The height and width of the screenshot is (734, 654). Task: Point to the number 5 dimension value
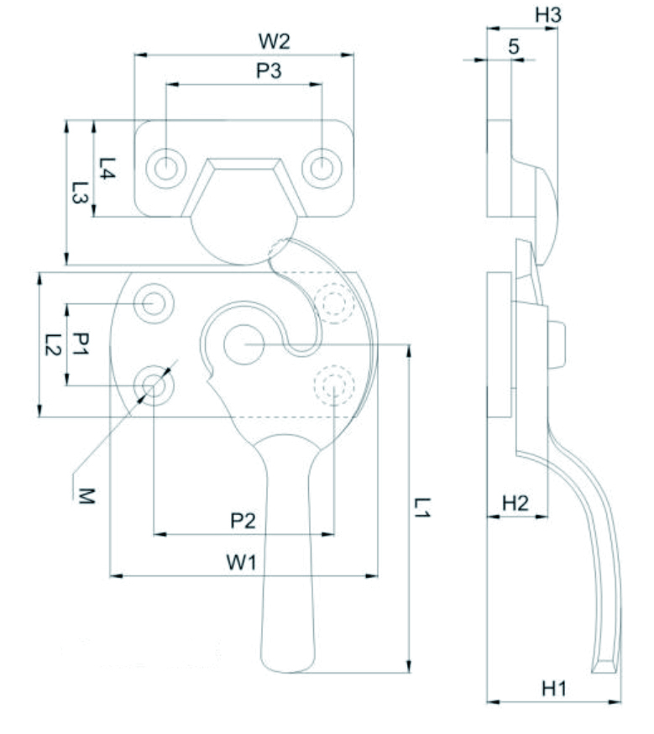(513, 47)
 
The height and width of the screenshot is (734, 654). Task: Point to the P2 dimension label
(243, 521)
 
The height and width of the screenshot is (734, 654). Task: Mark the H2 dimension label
(515, 503)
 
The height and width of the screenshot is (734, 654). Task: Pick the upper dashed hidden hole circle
(334, 302)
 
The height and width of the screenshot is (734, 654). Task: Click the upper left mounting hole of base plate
(154, 301)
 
